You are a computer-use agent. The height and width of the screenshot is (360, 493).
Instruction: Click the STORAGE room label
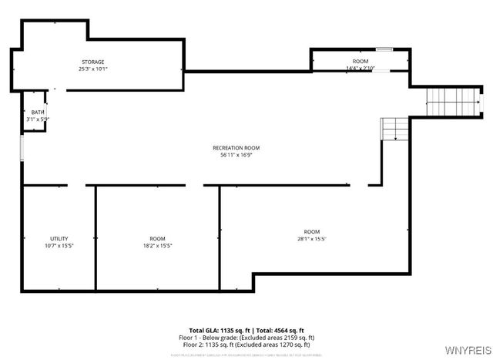click(x=93, y=62)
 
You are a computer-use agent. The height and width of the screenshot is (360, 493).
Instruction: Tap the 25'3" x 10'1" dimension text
click(x=93, y=69)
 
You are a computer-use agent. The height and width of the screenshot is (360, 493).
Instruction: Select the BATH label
click(x=38, y=113)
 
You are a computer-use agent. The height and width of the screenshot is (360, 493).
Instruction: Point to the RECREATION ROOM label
click(x=236, y=148)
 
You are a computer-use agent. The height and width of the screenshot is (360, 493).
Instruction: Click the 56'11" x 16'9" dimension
click(x=236, y=155)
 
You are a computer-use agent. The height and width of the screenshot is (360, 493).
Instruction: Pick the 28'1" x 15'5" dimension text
click(x=311, y=239)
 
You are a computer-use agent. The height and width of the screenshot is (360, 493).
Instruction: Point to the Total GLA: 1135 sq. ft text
click(x=217, y=330)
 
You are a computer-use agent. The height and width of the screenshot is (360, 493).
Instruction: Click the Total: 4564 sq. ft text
click(x=278, y=330)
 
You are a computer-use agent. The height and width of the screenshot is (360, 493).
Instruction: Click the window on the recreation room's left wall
click(x=22, y=148)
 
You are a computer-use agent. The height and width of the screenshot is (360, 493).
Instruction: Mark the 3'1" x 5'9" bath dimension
click(x=38, y=119)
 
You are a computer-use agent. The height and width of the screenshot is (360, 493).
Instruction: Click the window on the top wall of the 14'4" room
click(x=384, y=50)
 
